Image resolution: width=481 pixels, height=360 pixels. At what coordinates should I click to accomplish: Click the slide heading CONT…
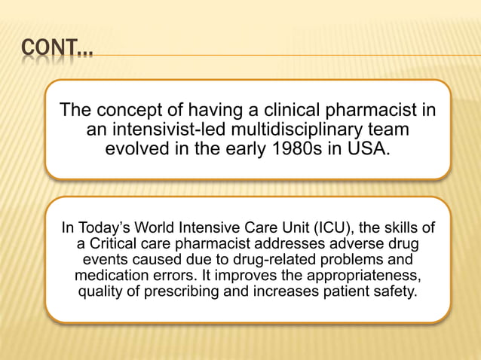click(x=57, y=52)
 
